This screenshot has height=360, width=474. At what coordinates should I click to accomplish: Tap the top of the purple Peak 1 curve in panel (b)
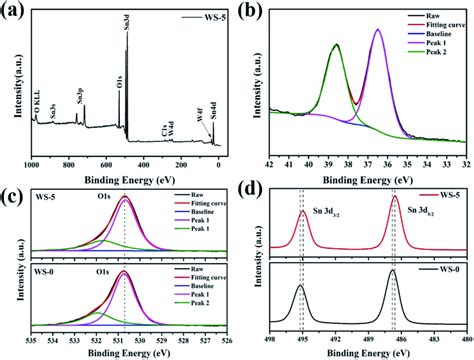pos(377,30)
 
